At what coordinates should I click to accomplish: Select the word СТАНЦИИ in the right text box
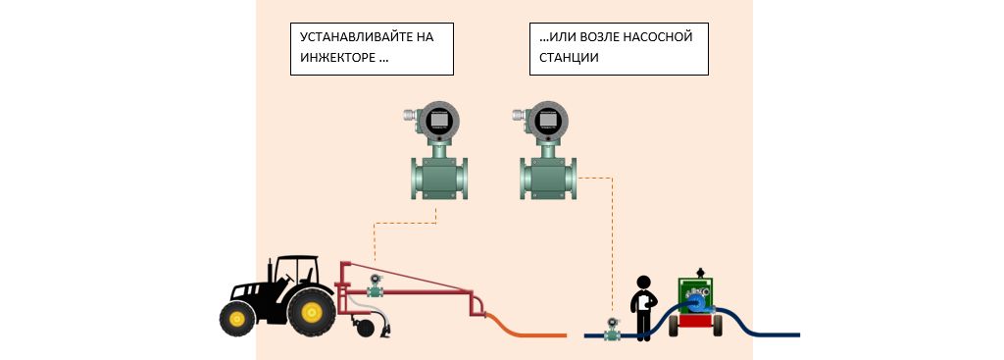[x=564, y=58]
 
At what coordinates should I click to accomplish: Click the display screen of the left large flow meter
[x=438, y=121]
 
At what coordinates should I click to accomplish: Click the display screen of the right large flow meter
[x=547, y=121]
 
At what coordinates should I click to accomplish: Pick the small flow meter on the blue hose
[x=613, y=329]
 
